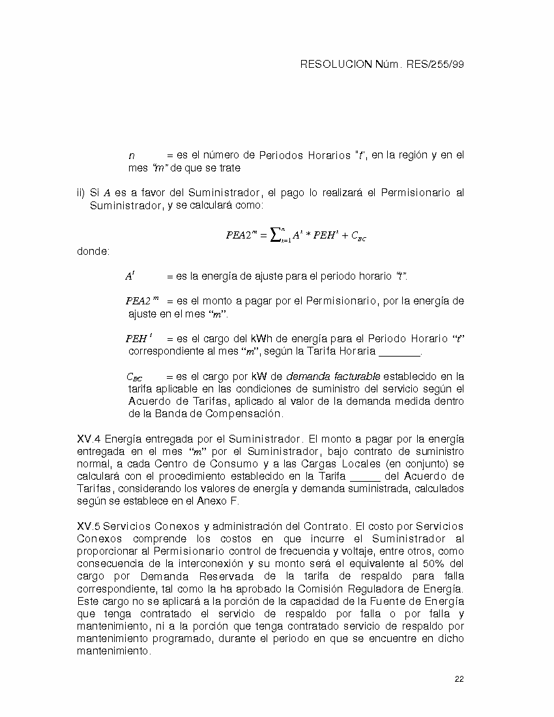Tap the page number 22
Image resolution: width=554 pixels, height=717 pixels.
pos(459,679)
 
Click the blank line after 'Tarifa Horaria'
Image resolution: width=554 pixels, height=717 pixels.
pos(400,352)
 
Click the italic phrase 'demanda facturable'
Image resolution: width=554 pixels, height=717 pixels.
pos(333,377)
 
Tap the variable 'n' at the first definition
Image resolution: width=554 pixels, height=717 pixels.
pos(132,156)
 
